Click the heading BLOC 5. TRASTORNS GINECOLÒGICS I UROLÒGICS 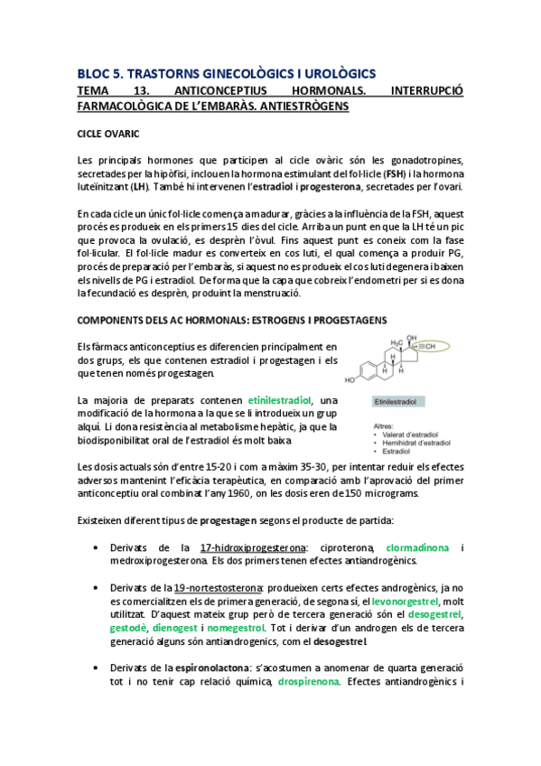coord(227,73)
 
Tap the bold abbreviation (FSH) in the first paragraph coord(371,173)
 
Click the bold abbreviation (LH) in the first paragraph coord(140,187)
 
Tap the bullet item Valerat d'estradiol coord(417,434)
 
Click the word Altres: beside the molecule coord(380,425)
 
